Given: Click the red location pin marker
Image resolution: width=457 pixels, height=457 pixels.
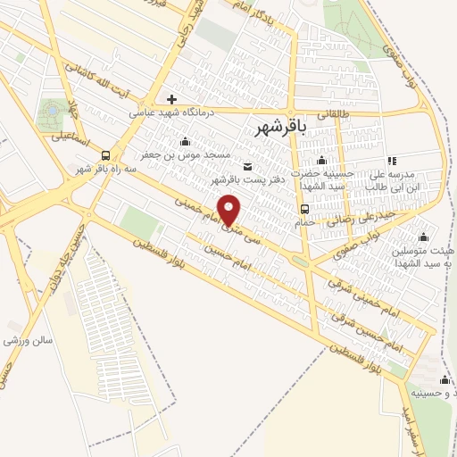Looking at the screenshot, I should tap(229, 210).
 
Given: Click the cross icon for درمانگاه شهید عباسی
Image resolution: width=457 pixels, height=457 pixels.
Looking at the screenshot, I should tap(172, 99).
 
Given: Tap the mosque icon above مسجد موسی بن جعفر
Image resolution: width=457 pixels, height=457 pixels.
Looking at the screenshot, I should tap(185, 140).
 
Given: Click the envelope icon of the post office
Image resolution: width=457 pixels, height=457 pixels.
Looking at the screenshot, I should tap(247, 165).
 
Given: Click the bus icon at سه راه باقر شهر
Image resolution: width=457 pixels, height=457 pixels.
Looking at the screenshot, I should tap(106, 154).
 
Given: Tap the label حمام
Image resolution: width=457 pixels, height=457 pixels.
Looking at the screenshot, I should tap(305, 222).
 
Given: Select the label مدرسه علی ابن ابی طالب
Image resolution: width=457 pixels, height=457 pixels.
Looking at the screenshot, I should tap(393, 180).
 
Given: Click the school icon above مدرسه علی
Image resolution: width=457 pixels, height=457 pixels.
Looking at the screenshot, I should tap(392, 161).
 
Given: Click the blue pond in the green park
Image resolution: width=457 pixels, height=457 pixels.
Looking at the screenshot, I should tap(51, 110).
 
